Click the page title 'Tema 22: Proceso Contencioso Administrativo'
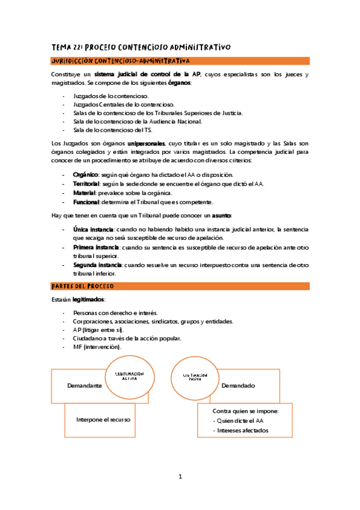click(141, 48)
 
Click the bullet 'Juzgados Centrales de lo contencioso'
click(124, 104)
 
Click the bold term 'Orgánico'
click(86, 175)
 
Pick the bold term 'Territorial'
click(87, 183)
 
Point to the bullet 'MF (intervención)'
click(97, 347)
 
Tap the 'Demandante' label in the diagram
click(84, 385)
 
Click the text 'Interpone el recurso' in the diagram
click(103, 419)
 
